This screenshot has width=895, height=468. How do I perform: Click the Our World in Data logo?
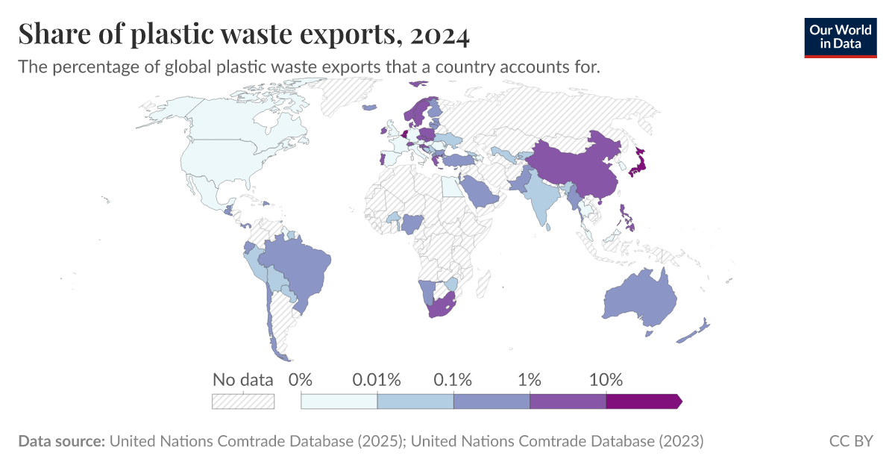click(840, 37)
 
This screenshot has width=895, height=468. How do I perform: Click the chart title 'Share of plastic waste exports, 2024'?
click(244, 34)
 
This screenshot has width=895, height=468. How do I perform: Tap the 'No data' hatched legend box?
click(243, 401)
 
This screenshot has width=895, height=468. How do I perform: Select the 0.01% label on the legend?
click(377, 380)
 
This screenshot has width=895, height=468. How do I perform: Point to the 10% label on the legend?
click(606, 380)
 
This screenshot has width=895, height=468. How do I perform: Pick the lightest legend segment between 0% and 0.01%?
click(339, 401)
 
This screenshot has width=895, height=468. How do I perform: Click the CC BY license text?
click(850, 441)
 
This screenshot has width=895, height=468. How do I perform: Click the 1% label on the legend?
click(530, 380)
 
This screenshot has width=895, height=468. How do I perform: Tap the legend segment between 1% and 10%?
click(568, 401)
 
